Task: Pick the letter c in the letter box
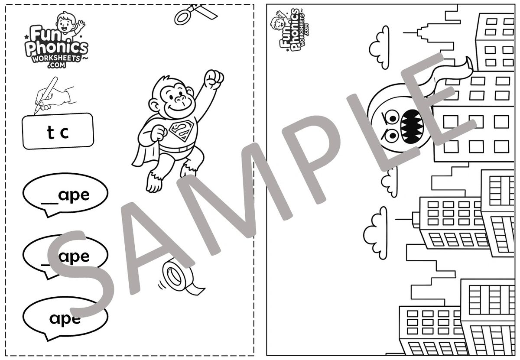[x=65, y=133]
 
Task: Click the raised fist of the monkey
[x=214, y=79]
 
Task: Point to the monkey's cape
[x=143, y=149]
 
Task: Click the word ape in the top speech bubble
[x=74, y=196]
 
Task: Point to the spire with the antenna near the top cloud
[x=421, y=32]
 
